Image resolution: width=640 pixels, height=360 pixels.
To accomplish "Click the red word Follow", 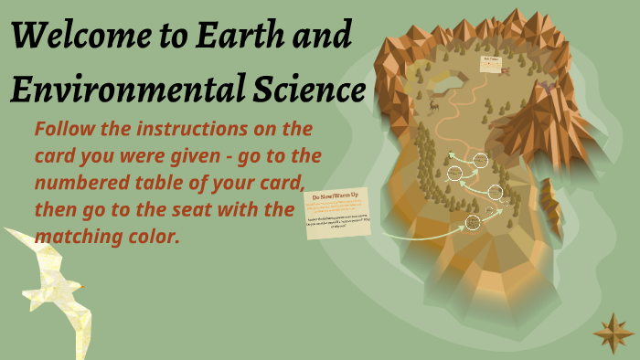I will pos(65,129).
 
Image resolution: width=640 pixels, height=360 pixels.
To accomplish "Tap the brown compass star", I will pos(612,332).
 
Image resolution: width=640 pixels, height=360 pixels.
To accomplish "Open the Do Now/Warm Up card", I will pos(336,213).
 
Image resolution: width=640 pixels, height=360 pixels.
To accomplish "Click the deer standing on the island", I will pos(432,103).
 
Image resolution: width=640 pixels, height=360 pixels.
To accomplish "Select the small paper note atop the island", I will pos(492,62).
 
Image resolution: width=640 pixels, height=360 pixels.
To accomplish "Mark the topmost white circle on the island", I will pos(481,161).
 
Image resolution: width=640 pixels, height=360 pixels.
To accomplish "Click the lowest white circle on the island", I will pos(472,222).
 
